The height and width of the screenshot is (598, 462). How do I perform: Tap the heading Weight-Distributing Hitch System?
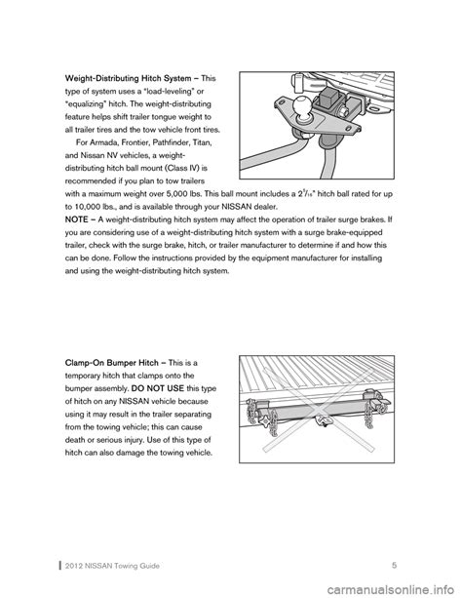click(129, 79)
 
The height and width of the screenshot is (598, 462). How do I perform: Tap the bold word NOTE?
click(77, 219)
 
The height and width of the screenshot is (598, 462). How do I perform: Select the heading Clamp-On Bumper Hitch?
click(112, 363)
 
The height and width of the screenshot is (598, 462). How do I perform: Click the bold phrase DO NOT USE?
click(158, 388)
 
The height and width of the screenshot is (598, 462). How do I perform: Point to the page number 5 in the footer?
click(394, 565)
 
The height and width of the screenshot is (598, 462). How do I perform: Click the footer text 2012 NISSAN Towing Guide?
click(112, 566)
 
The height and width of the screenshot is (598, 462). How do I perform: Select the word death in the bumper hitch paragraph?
click(75, 440)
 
